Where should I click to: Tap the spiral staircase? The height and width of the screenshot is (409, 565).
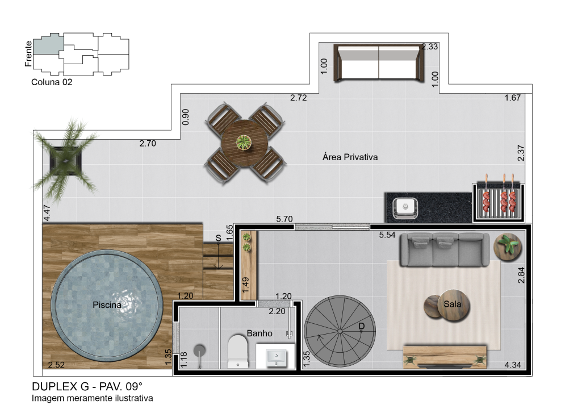[340, 331]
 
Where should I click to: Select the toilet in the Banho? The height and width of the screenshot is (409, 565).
[237, 352]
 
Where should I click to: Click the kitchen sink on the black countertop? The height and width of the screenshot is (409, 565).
[405, 208]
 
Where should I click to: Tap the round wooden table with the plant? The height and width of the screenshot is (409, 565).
[245, 143]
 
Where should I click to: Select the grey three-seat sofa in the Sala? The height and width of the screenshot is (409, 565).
[445, 249]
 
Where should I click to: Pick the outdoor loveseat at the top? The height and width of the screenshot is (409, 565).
[379, 63]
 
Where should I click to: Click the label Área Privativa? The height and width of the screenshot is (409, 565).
[350, 157]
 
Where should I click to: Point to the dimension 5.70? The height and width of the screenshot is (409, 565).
[284, 219]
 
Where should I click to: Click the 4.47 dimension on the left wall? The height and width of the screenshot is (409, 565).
[47, 213]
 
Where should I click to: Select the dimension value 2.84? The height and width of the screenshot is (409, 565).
[521, 275]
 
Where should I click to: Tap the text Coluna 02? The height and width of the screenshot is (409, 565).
[52, 82]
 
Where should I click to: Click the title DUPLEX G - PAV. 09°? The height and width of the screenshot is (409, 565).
[87, 386]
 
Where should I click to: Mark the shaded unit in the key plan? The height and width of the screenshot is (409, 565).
[48, 44]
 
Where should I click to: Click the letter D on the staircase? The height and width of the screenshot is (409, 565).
[361, 326]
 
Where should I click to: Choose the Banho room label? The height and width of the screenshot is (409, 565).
[260, 333]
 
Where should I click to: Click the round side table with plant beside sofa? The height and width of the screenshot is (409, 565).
[508, 247]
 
